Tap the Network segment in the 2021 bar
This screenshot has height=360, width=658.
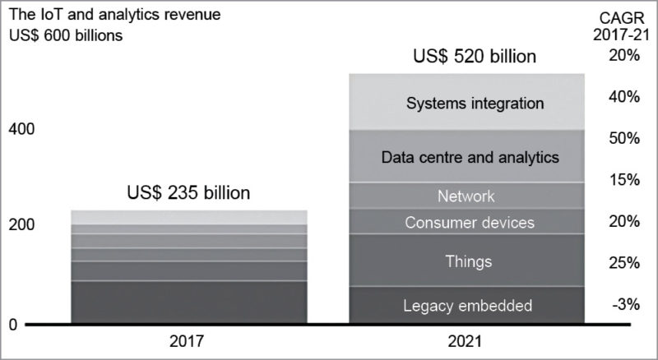[466, 196]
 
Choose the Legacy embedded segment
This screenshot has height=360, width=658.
[466, 306]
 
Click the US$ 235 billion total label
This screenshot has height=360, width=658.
[188, 194]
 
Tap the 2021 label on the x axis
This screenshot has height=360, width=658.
[466, 339]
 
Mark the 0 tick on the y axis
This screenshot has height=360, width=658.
[12, 325]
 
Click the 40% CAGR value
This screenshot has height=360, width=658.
[624, 96]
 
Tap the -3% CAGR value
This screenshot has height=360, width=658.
[625, 304]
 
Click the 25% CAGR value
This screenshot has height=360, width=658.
[624, 263]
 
